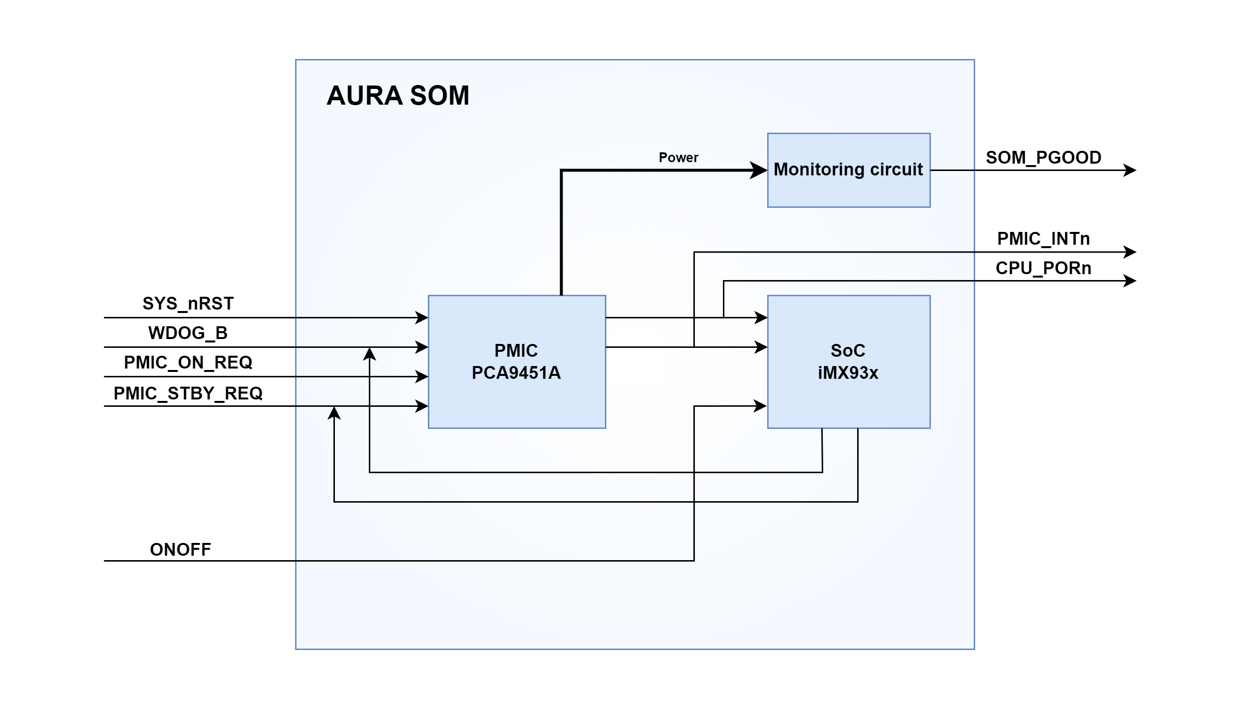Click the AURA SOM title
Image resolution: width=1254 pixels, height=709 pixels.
[x=398, y=95]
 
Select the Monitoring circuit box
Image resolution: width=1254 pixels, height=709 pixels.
[x=848, y=170]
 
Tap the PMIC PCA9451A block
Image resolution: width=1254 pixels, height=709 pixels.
[x=516, y=362]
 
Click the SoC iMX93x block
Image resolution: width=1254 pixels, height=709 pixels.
[x=848, y=362]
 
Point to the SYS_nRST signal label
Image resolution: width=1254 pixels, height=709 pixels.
[x=188, y=304]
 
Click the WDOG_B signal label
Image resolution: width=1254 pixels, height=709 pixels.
[x=188, y=333]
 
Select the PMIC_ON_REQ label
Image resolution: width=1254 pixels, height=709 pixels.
[x=188, y=363]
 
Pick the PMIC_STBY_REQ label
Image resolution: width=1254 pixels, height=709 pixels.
[x=188, y=393]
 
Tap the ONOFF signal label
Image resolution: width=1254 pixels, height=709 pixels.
[x=180, y=549]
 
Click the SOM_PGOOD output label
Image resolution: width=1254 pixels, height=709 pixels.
[x=1044, y=158]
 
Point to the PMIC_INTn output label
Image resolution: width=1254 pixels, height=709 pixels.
[x=1044, y=239]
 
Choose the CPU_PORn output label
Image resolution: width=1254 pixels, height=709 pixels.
[x=1044, y=268]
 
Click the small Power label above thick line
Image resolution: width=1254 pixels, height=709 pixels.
[x=678, y=158]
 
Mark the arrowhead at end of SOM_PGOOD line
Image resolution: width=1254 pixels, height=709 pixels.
[x=1130, y=170]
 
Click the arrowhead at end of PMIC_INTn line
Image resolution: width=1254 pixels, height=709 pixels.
[x=1130, y=252]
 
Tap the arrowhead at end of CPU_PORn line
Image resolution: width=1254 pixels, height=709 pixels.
[x=1130, y=281]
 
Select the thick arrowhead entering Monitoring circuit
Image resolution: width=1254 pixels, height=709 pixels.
[x=758, y=170]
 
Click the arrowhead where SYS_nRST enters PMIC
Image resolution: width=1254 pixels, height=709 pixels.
[x=422, y=318]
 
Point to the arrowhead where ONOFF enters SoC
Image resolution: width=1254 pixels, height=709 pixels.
[x=761, y=406]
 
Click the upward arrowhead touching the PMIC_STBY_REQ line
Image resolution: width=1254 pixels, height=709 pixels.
[x=334, y=413]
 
